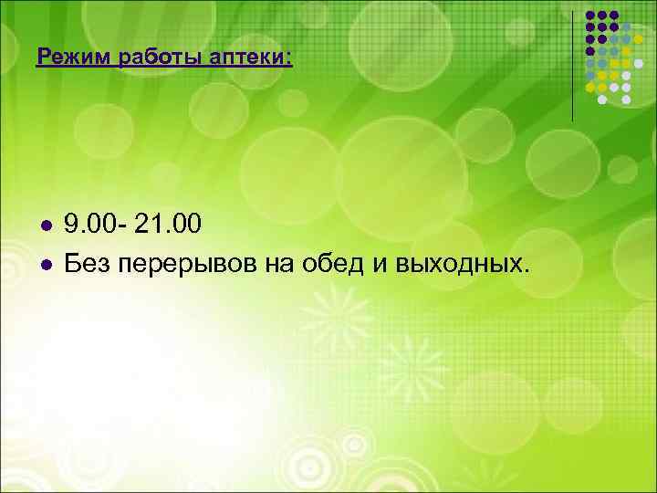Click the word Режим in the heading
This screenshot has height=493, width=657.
(67, 58)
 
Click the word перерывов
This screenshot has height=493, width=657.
(187, 265)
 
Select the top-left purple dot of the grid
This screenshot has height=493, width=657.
(590, 16)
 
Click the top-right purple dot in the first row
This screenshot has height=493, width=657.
(614, 16)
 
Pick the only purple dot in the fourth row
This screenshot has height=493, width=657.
(590, 51)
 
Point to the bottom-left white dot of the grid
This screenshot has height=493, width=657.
(602, 99)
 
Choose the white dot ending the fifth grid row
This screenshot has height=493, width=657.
(638, 63)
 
